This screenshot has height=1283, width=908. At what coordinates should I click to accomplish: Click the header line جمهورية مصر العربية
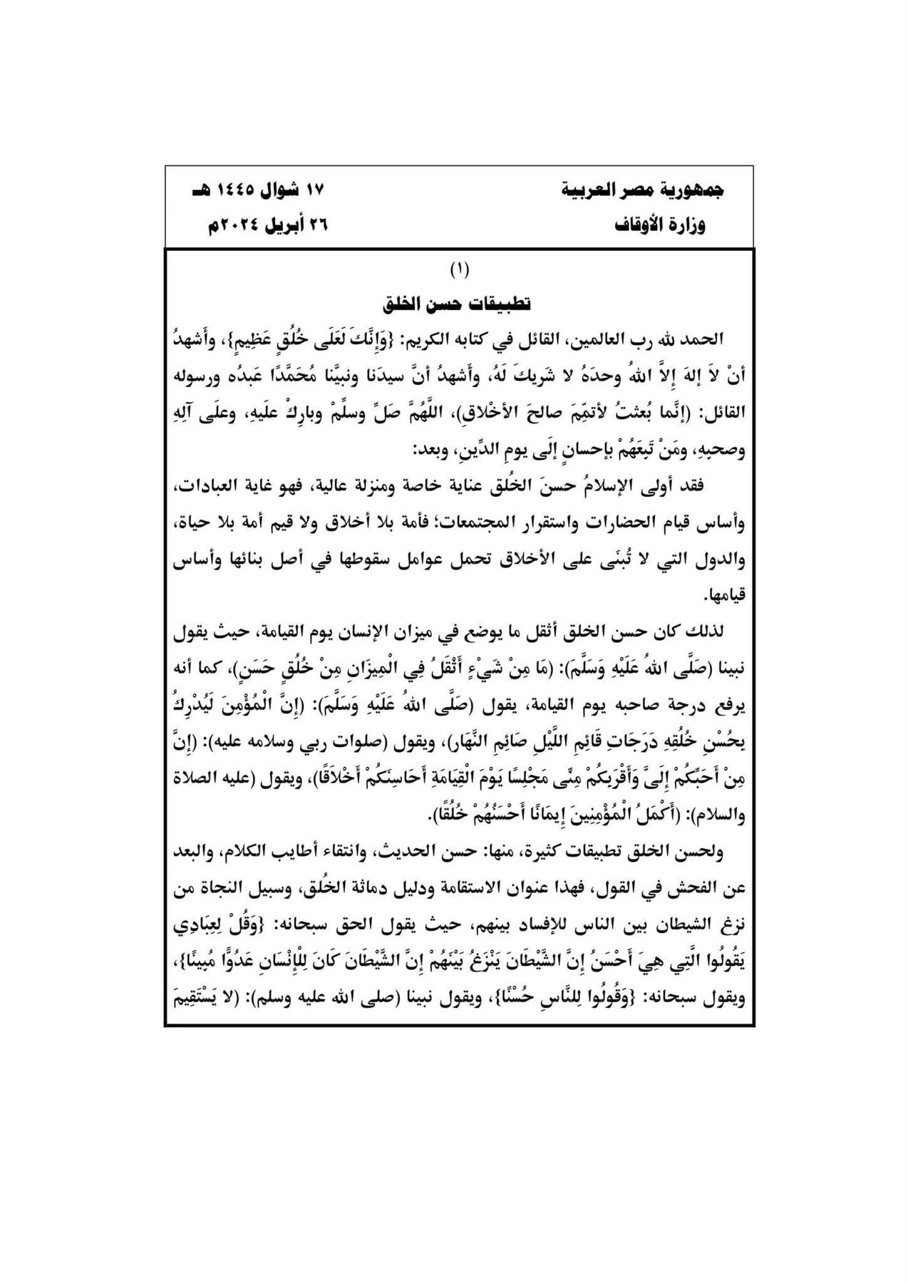tap(644, 192)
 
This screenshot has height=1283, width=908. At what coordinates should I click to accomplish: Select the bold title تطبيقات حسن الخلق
tap(458, 303)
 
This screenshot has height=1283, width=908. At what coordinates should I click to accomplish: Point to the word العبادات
tap(707, 486)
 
